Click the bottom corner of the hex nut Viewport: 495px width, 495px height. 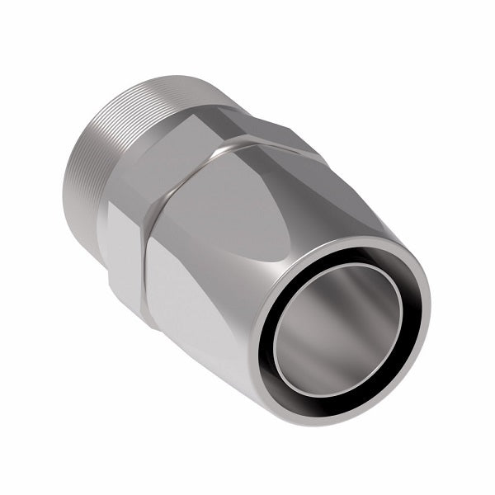[x=146, y=322]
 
